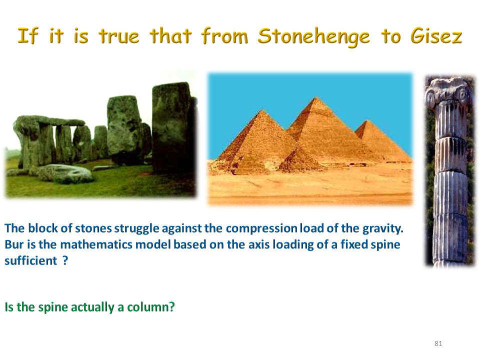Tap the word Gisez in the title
tap(436, 35)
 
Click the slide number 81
tap(438, 343)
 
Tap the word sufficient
tap(30, 261)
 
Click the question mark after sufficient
tap(65, 261)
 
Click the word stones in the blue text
tap(93, 228)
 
